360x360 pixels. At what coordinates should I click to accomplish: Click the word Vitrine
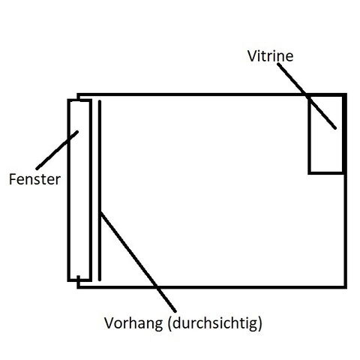(270, 56)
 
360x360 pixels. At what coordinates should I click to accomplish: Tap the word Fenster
(34, 179)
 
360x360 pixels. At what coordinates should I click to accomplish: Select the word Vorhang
(133, 323)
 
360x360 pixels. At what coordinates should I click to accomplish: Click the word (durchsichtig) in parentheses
(215, 323)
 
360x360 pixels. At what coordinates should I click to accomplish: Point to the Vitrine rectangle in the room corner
(309, 135)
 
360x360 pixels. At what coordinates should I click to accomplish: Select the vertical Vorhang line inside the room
(100, 190)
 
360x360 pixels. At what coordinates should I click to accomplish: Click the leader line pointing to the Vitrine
(307, 96)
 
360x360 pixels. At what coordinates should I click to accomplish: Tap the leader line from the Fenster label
(57, 150)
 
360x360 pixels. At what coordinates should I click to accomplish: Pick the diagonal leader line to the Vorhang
(138, 262)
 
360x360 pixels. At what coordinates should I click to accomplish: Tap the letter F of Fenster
(12, 179)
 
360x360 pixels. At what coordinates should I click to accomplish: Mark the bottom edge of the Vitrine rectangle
(326, 172)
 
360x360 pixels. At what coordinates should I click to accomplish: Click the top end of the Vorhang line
(100, 100)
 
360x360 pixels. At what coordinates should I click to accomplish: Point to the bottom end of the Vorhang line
(100, 280)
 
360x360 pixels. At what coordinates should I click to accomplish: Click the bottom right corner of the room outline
(346, 287)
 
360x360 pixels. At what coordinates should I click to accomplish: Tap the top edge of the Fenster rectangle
(79, 100)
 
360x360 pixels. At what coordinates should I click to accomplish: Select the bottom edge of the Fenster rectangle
(79, 280)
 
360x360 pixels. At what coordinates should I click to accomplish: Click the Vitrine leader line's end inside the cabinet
(335, 128)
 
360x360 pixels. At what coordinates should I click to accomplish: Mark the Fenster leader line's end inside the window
(77, 132)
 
